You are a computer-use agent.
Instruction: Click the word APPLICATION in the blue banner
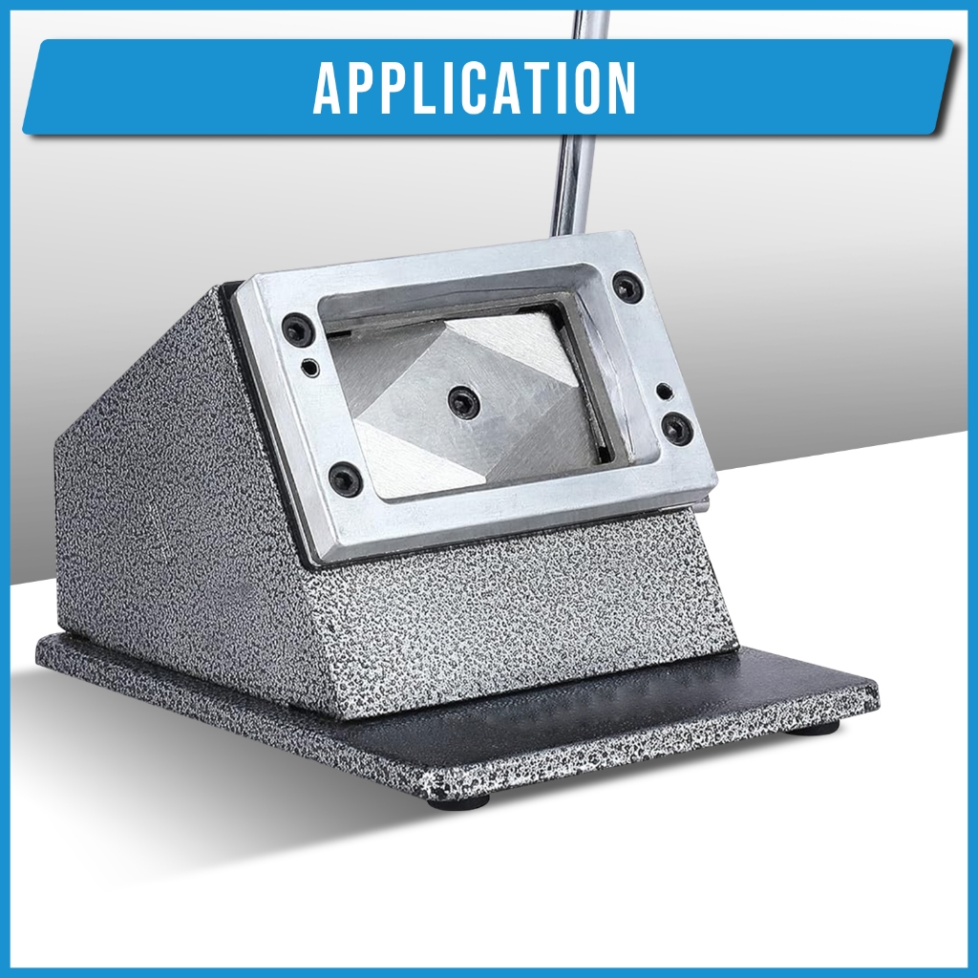tap(475, 88)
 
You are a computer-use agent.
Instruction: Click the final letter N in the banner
tap(621, 88)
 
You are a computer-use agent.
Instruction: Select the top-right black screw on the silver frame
tap(625, 286)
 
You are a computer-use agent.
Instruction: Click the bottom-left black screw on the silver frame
tap(345, 479)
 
